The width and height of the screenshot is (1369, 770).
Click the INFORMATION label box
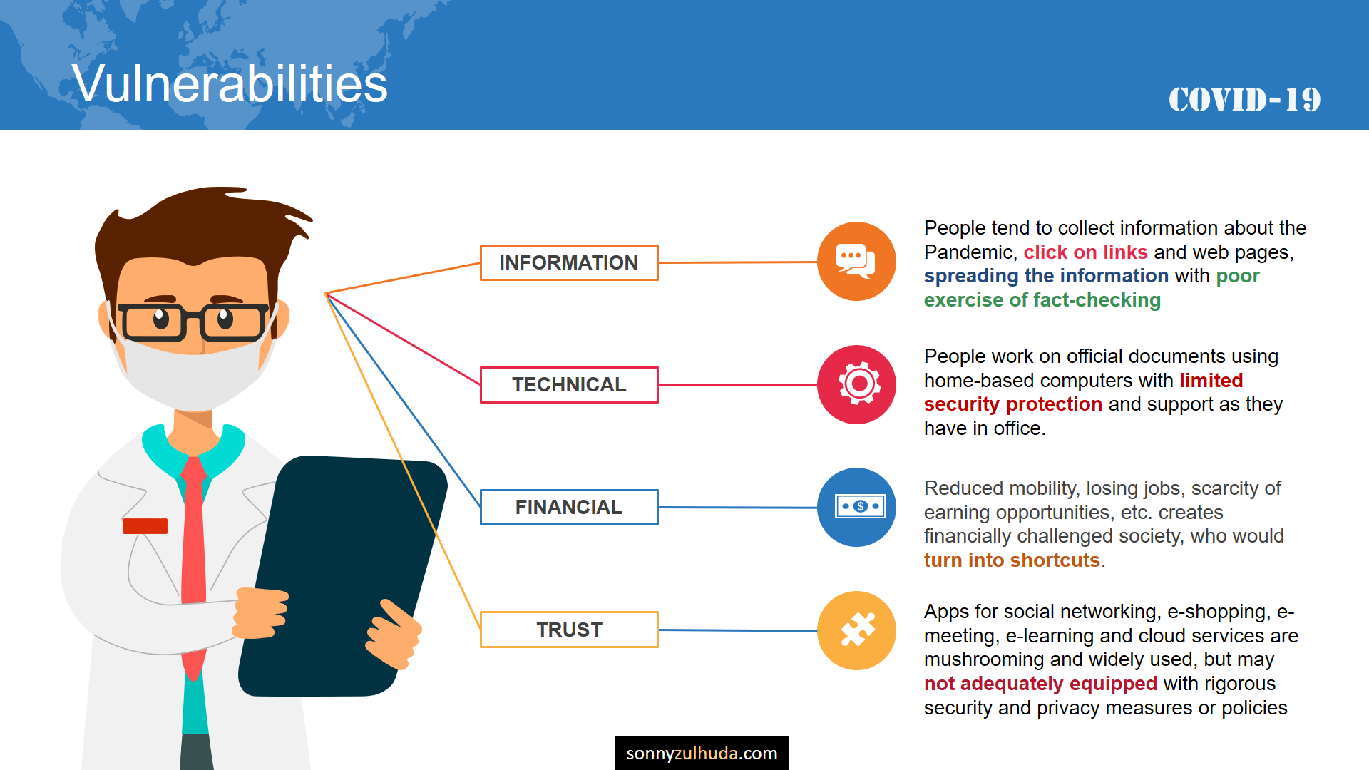tap(569, 262)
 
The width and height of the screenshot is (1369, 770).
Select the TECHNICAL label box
tap(569, 385)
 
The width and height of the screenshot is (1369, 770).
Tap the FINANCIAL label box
tap(569, 507)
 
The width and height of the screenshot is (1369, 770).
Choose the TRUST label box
tap(569, 630)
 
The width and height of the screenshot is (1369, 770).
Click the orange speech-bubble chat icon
tap(856, 261)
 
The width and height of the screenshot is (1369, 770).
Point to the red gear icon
tap(856, 384)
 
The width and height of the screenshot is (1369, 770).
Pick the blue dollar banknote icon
tap(856, 507)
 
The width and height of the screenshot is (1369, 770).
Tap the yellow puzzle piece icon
tap(856, 630)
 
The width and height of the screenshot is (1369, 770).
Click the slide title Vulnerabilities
tap(230, 84)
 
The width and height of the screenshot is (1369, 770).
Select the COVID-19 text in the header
tap(1244, 100)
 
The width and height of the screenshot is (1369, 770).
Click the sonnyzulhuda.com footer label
tap(702, 753)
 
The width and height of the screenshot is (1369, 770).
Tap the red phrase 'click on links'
tap(1085, 252)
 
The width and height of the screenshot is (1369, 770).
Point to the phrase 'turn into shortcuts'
tap(1012, 560)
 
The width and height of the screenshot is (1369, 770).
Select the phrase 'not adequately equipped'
tap(1040, 684)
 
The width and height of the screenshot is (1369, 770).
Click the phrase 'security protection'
tap(1013, 404)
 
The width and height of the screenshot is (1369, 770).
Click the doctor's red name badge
tap(145, 526)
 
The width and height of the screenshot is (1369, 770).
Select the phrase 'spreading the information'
tap(1046, 276)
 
